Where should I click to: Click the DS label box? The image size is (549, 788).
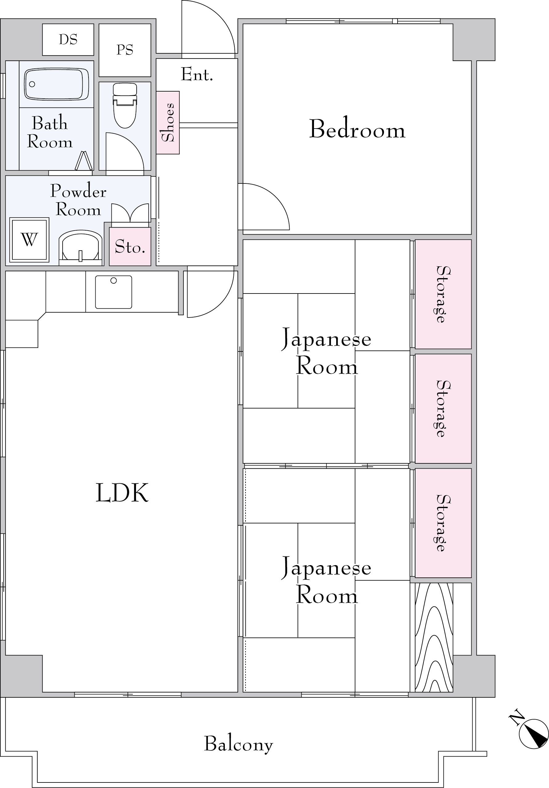pyautogui.click(x=68, y=39)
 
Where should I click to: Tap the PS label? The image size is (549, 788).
pyautogui.click(x=125, y=50)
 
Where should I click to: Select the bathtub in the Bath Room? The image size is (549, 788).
pyautogui.click(x=56, y=84)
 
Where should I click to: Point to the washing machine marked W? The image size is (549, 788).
pyautogui.click(x=29, y=240)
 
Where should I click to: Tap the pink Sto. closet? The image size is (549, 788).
pyautogui.click(x=130, y=246)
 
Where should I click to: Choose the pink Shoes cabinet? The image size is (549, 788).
pyautogui.click(x=168, y=122)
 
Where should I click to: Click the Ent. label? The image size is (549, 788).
pyautogui.click(x=197, y=75)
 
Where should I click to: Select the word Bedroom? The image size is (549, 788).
pyautogui.click(x=357, y=129)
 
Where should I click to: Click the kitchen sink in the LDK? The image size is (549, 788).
pyautogui.click(x=114, y=292)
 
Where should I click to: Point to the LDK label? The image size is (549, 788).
pyautogui.click(x=122, y=493)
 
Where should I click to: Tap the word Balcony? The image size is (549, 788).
pyautogui.click(x=239, y=744)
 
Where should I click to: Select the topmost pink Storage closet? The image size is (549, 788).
pyautogui.click(x=443, y=294)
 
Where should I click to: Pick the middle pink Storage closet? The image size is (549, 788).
pyautogui.click(x=443, y=408)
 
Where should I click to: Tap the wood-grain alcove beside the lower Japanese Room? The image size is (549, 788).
pyautogui.click(x=434, y=638)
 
